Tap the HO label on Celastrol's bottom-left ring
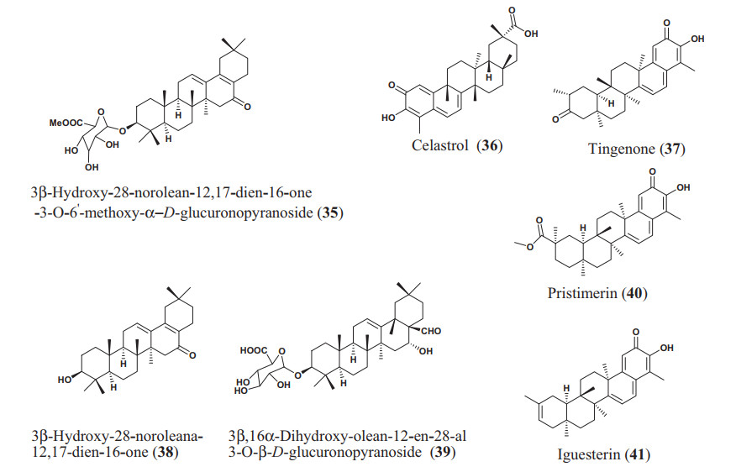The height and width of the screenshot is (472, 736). pos(387,118)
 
